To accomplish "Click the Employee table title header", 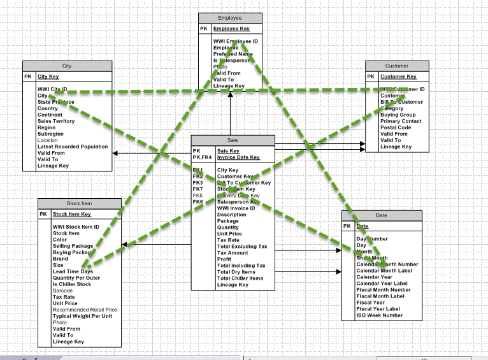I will point(230,18).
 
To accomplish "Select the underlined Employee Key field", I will point(231,29).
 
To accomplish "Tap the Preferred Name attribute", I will point(233,54).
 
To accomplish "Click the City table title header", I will point(67,66).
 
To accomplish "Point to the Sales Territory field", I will point(56,121).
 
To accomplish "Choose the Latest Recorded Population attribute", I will point(73,147).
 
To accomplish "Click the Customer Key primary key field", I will point(398,76).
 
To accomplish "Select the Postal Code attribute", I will point(396,127).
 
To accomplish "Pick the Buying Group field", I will point(398,115).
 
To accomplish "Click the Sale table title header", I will point(233,140).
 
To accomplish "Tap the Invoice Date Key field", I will point(238,157).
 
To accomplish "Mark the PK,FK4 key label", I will point(201,157).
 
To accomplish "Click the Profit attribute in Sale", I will point(224,259).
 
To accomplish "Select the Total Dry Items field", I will point(236,272).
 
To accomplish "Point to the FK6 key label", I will point(198,202).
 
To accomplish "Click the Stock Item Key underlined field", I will point(72,214).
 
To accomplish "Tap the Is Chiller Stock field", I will point(72,284).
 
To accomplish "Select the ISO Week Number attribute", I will point(380,315).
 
